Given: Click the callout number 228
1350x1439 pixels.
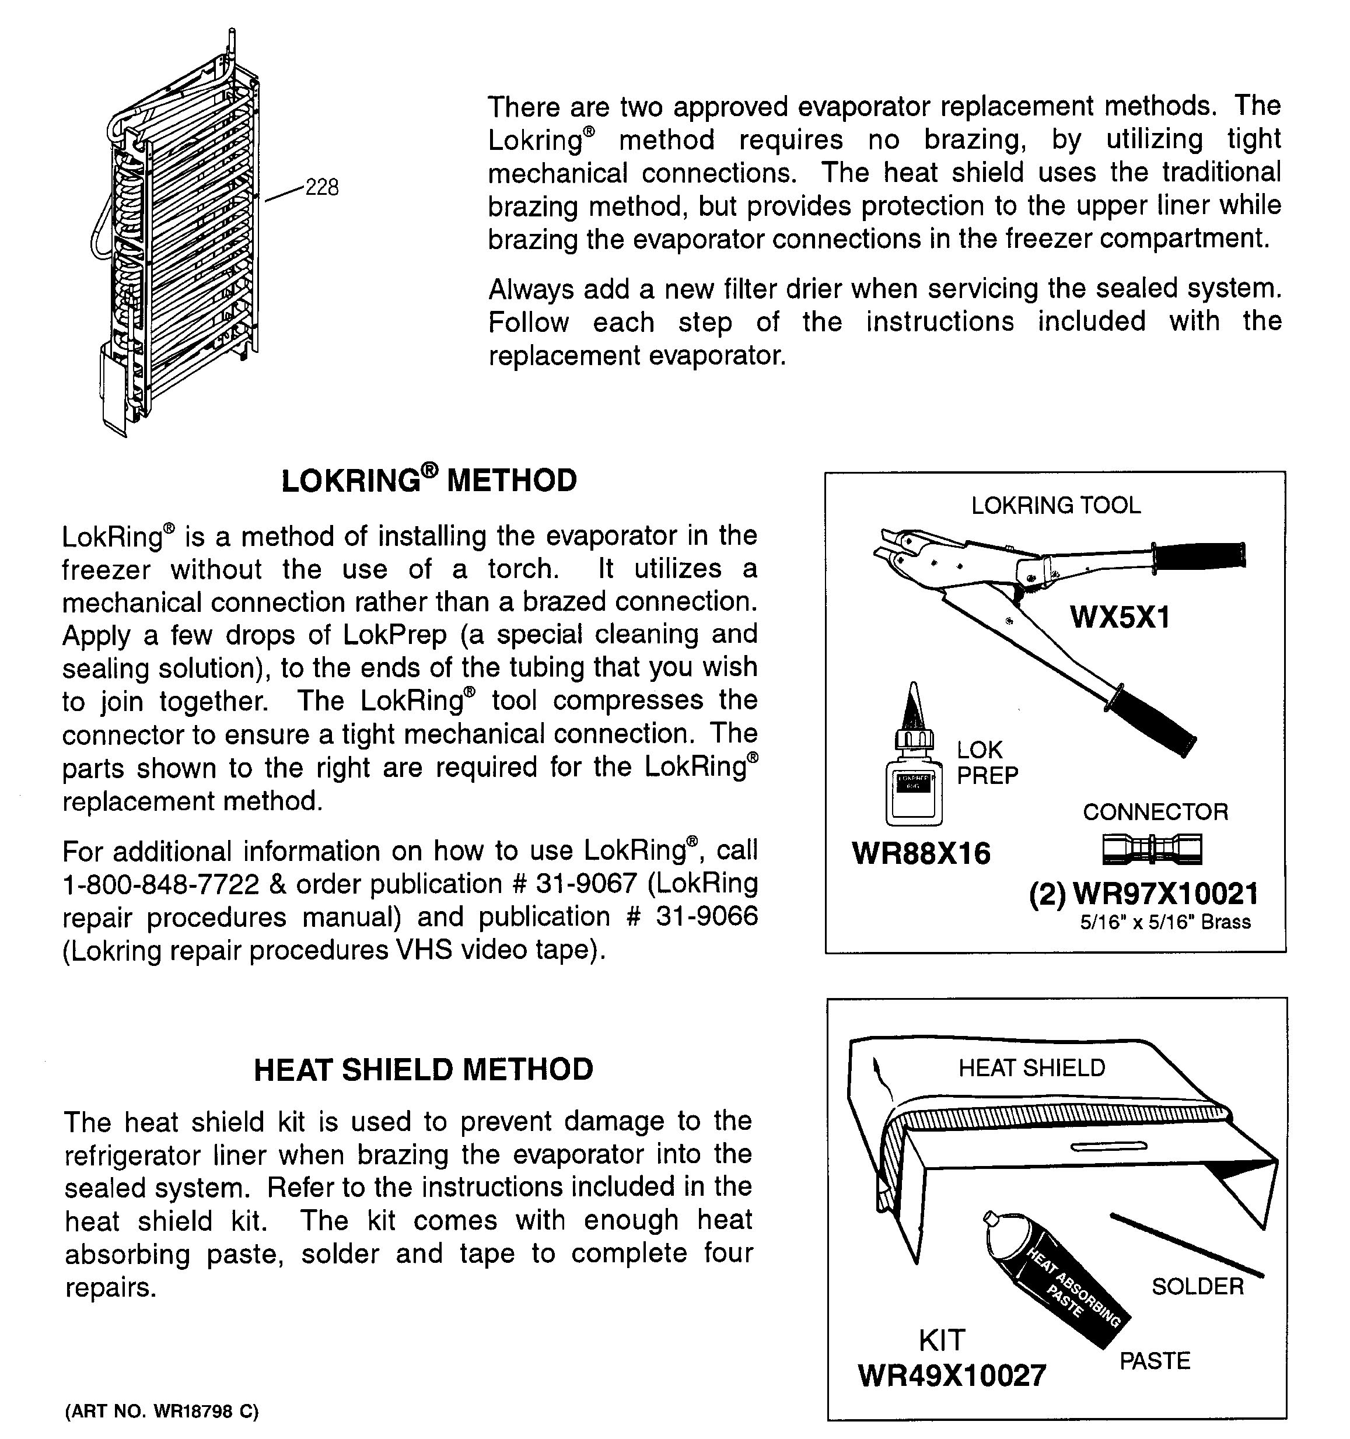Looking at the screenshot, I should (x=321, y=188).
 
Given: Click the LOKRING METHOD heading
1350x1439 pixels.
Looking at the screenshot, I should (x=429, y=481).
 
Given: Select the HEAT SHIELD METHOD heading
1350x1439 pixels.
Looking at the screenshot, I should (x=424, y=1070).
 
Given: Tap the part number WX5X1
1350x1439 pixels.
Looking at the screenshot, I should (x=1119, y=618).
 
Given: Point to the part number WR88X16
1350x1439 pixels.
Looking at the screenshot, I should (x=921, y=853).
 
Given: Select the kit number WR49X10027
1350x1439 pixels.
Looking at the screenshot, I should (x=952, y=1376).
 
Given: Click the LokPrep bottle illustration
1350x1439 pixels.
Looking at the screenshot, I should (x=914, y=775).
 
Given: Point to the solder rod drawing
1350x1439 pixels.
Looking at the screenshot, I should (x=1187, y=1245).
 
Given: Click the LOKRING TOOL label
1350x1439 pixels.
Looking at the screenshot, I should (x=1055, y=505).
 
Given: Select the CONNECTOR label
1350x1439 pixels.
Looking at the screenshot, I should (x=1155, y=811).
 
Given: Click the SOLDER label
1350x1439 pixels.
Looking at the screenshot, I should (x=1197, y=1286).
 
